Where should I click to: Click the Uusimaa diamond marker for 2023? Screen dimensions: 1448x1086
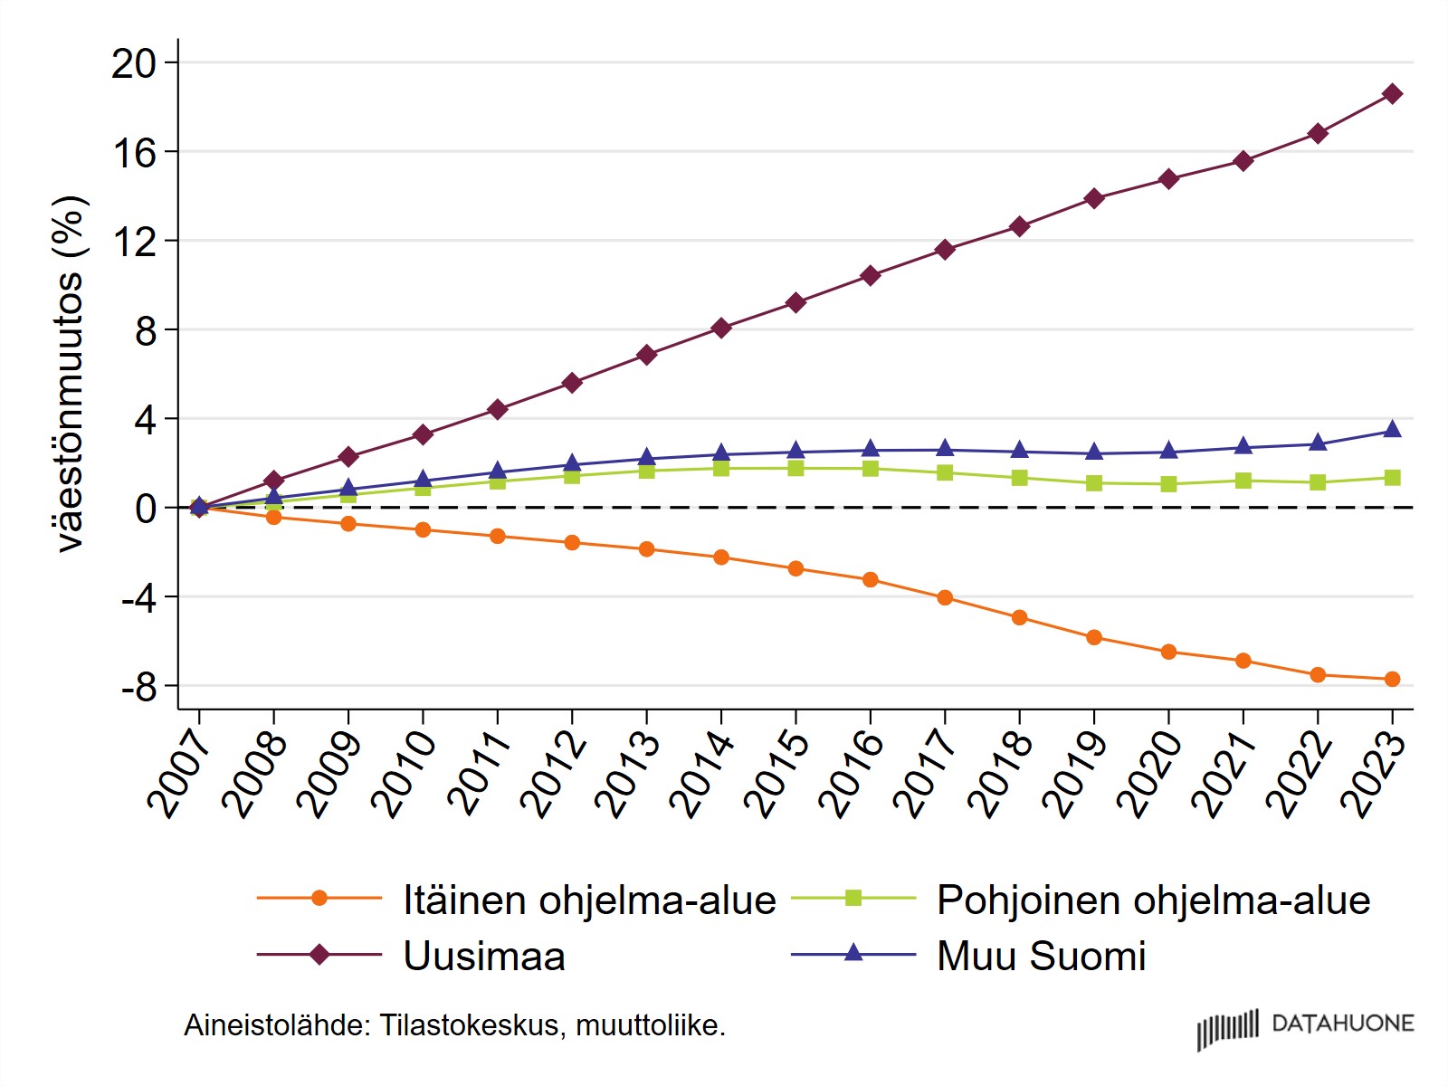coord(1392,93)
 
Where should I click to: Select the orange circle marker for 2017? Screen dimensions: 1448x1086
coord(945,597)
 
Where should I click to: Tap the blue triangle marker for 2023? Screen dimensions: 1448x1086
coord(1392,429)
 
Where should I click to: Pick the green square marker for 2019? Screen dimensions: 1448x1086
coord(1094,482)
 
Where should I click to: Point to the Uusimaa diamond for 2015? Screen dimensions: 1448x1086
coord(795,302)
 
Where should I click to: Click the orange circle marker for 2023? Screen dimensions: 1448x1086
coord(1392,679)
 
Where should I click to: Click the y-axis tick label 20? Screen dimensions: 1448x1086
coord(134,64)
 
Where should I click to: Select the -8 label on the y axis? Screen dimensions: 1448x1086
coord(139,688)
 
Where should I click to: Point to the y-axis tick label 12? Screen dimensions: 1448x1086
coord(135,242)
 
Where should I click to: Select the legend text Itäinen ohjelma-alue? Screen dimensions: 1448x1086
coord(590,900)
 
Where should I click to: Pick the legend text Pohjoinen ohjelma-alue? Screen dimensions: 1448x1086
coord(1154,900)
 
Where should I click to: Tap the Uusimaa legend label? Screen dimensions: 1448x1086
coord(485,956)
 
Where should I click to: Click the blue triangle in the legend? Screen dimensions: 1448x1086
coord(853,952)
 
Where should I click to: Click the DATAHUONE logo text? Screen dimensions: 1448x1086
coord(1343,1024)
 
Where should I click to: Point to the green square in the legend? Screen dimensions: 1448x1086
coord(853,898)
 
